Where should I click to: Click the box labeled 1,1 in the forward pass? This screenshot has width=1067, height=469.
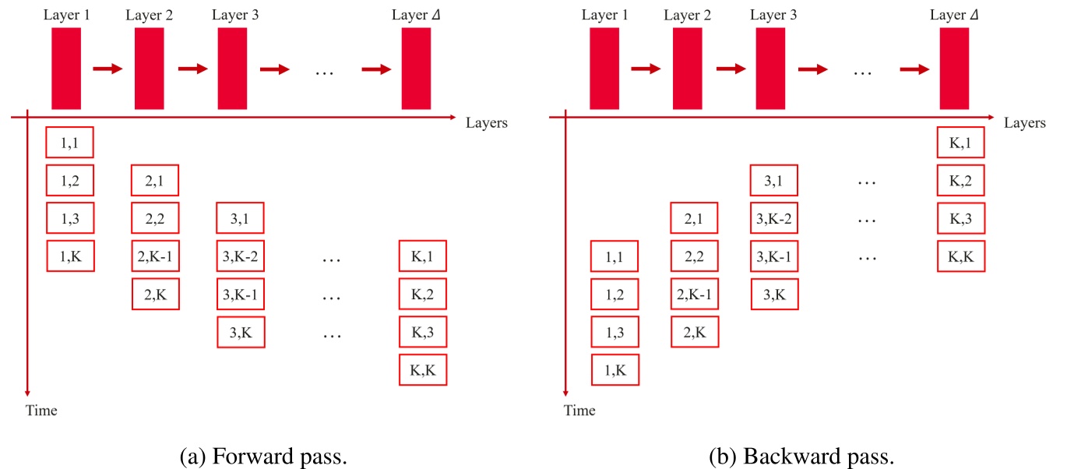(x=70, y=143)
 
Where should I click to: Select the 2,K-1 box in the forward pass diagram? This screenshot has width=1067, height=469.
(x=155, y=256)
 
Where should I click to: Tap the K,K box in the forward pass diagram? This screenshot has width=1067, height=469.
(x=423, y=370)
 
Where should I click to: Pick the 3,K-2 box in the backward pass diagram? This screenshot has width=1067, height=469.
(x=773, y=218)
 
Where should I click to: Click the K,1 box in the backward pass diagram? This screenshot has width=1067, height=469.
(x=961, y=143)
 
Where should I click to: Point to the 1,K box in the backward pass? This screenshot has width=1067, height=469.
(x=614, y=370)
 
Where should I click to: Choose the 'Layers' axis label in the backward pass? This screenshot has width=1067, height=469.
(x=1025, y=123)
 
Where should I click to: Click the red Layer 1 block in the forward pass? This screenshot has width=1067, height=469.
(x=66, y=69)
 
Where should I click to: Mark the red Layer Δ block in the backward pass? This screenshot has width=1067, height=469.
(x=954, y=69)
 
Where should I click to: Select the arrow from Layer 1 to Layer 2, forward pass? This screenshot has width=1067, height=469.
(x=107, y=69)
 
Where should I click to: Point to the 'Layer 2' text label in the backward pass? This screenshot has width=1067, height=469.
(x=688, y=16)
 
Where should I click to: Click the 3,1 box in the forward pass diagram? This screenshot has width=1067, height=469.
(x=241, y=218)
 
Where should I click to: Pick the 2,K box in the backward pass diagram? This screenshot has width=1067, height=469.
(x=694, y=332)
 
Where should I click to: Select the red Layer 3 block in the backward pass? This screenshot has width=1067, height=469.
(x=770, y=69)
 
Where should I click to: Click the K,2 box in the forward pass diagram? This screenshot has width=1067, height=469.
(x=423, y=294)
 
